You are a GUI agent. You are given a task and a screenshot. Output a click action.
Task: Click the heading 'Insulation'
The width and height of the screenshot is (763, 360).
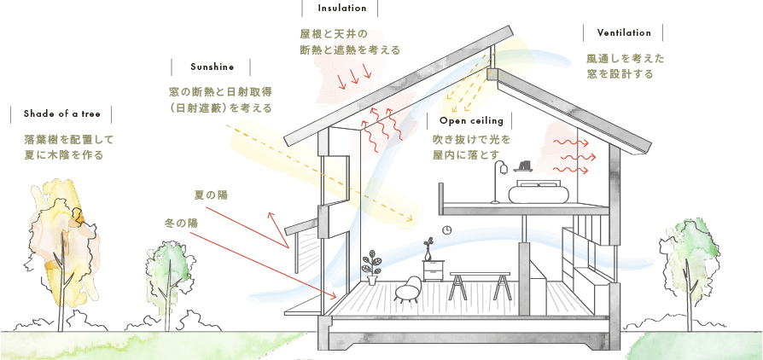341,9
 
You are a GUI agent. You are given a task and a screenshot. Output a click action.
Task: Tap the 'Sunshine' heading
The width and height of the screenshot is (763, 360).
213,67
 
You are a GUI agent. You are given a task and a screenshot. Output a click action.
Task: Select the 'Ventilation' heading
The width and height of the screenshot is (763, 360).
624,33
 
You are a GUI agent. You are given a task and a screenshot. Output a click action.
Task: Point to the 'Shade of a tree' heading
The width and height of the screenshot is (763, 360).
61,114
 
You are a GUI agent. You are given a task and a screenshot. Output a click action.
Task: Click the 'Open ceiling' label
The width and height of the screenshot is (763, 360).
471,120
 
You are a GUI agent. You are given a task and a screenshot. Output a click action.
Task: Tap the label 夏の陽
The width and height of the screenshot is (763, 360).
211,195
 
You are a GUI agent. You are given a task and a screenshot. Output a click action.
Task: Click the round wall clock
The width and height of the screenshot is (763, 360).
446,229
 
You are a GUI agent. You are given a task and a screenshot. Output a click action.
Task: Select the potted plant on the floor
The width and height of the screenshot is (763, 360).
372,267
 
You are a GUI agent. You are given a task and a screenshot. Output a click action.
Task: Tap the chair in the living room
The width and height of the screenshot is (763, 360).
408,290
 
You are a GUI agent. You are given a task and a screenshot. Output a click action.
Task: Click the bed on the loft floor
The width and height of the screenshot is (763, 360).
539,192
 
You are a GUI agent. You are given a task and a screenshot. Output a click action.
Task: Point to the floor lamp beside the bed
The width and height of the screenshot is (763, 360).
498,181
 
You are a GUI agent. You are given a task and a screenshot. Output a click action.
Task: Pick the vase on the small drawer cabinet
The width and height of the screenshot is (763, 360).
428,250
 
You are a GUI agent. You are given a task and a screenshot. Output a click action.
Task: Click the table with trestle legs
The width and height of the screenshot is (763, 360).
480,286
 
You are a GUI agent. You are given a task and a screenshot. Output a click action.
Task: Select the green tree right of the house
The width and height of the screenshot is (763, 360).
689,268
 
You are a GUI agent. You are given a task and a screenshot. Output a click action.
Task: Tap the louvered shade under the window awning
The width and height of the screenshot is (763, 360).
307,251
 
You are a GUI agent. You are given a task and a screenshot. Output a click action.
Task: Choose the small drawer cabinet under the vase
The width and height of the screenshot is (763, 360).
433,270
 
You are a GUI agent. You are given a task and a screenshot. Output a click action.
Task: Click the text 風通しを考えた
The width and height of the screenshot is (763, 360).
626,59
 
